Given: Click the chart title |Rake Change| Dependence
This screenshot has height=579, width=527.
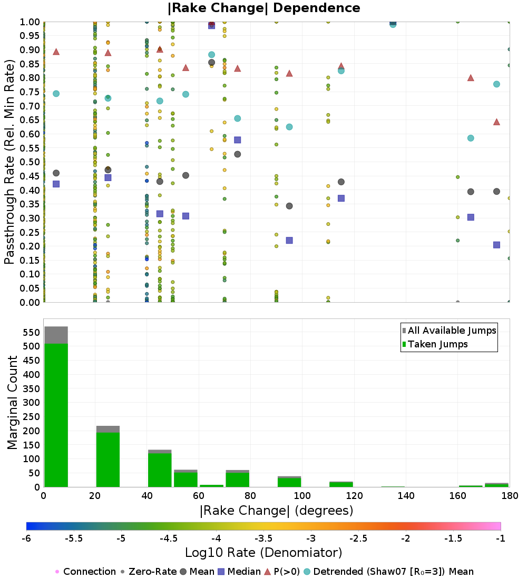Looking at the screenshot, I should pyautogui.click(x=264, y=8).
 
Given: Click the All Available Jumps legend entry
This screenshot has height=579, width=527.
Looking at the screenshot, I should pyautogui.click(x=452, y=331).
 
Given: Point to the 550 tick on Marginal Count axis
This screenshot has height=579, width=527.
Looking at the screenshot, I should pyautogui.click(x=31, y=333).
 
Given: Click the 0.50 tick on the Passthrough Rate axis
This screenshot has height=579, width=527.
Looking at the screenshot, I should pyautogui.click(x=30, y=162).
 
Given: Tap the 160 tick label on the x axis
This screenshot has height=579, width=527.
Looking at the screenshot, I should pyautogui.click(x=457, y=496).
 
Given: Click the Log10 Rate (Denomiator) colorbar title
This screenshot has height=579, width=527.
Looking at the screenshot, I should pyautogui.click(x=263, y=553).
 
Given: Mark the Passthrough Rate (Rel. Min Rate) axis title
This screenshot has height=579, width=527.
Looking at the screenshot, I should pyautogui.click(x=9, y=162).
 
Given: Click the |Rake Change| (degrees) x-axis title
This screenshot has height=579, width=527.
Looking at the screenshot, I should pyautogui.click(x=276, y=511).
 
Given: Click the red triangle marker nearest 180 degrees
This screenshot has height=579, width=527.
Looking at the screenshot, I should pyautogui.click(x=496, y=122).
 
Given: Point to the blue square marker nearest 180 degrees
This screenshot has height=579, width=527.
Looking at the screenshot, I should pyautogui.click(x=496, y=245).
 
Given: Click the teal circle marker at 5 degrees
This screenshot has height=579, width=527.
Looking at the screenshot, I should pyautogui.click(x=56, y=94).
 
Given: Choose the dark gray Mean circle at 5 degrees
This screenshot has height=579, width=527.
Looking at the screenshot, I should pyautogui.click(x=56, y=173).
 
